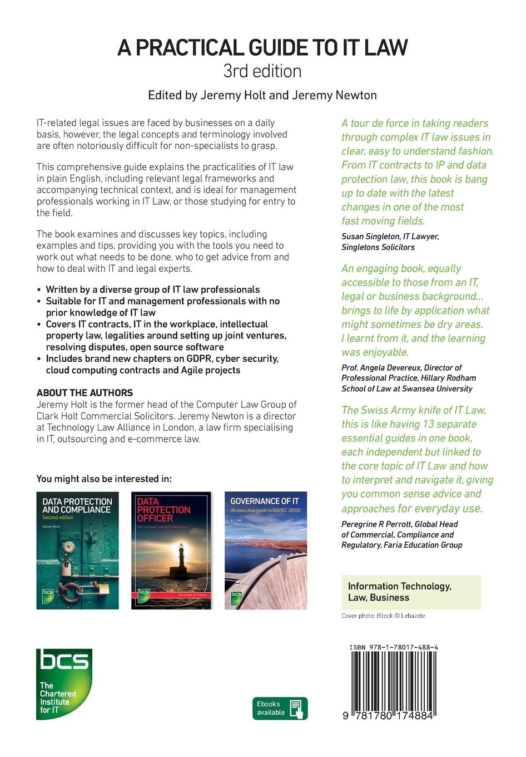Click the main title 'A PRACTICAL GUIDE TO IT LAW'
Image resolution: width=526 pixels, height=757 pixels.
pos(262,48)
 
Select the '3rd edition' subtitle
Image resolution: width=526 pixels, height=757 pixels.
pos(262,72)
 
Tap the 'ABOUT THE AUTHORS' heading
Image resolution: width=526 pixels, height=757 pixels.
pos(85,393)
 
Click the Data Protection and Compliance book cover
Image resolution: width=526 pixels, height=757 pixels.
pos(77,550)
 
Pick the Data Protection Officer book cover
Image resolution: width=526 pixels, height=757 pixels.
pos(171,550)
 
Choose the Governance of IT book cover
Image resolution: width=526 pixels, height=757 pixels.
pos(265,550)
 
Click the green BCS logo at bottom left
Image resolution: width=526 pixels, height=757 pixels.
pos(64,684)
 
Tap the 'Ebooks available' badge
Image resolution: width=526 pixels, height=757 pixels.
pos(280,709)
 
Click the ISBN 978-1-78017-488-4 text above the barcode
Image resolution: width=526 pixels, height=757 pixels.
pos(394,647)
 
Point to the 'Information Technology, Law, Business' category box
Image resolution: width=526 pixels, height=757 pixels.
pos(411,592)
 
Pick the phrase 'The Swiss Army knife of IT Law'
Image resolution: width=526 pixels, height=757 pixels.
pos(414,410)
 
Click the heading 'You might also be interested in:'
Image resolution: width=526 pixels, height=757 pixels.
pos(104,479)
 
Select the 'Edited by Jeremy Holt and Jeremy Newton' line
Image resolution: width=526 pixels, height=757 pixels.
pos(262,95)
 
